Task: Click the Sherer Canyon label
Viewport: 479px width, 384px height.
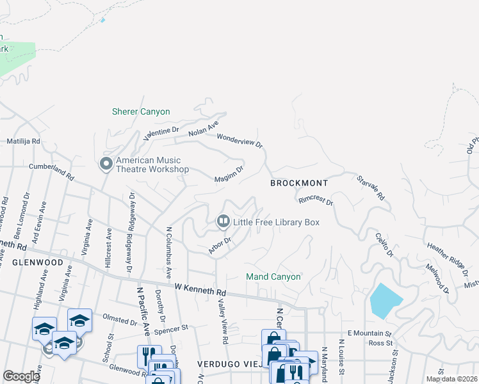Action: [x=141, y=112]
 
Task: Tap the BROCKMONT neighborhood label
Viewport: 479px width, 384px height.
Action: [x=298, y=183]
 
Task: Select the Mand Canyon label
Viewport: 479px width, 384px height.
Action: [x=273, y=277]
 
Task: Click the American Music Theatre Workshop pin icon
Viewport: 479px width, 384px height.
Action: [x=106, y=164]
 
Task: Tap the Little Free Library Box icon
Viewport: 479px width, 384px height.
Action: [x=223, y=222]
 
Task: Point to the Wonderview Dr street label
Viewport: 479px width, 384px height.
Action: [x=240, y=141]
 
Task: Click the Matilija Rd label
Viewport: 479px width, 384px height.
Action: [x=23, y=141]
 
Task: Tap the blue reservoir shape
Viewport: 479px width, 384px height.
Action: [x=385, y=300]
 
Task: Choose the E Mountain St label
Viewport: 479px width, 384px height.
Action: [x=369, y=333]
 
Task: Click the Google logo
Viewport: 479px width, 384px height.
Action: [x=21, y=376]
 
